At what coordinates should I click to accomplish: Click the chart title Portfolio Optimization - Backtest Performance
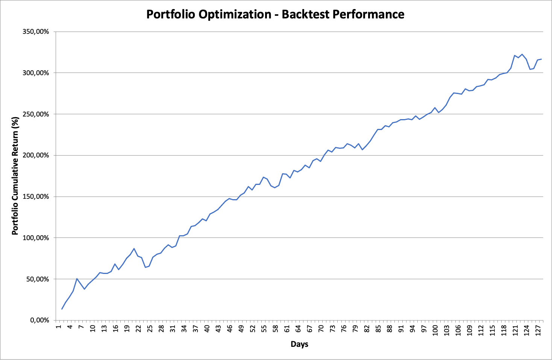pyautogui.click(x=275, y=14)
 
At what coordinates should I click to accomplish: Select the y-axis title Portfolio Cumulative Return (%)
pyautogui.click(x=15, y=176)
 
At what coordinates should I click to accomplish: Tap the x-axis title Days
pyautogui.click(x=299, y=344)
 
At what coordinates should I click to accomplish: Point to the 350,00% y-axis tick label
pyautogui.click(x=36, y=32)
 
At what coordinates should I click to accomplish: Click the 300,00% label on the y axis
pyautogui.click(x=36, y=73)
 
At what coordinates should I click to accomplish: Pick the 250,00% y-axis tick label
pyautogui.click(x=36, y=114)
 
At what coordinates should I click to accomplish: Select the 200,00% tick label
pyautogui.click(x=36, y=156)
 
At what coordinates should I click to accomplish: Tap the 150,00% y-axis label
pyautogui.click(x=36, y=197)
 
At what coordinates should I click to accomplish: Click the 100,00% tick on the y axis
pyautogui.click(x=36, y=238)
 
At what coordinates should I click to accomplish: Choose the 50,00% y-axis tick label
pyautogui.click(x=38, y=279)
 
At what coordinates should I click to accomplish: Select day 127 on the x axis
pyautogui.click(x=538, y=330)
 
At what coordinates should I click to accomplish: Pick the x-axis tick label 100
pyautogui.click(x=435, y=330)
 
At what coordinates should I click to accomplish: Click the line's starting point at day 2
pyautogui.click(x=62, y=309)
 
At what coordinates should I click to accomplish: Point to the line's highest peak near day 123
pyautogui.click(x=522, y=54)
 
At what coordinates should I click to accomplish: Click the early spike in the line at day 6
pyautogui.click(x=77, y=278)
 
